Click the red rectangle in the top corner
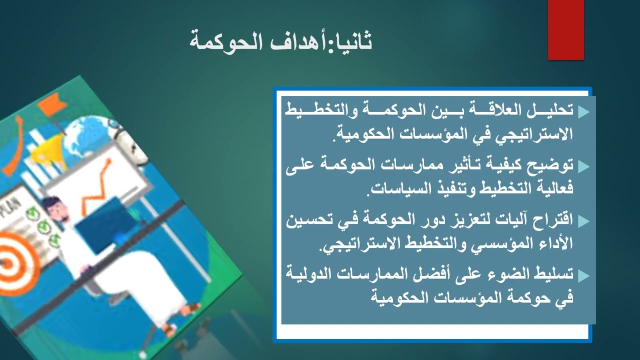coord(565,30)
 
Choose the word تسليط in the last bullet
coord(553,274)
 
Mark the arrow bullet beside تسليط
coord(583,275)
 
